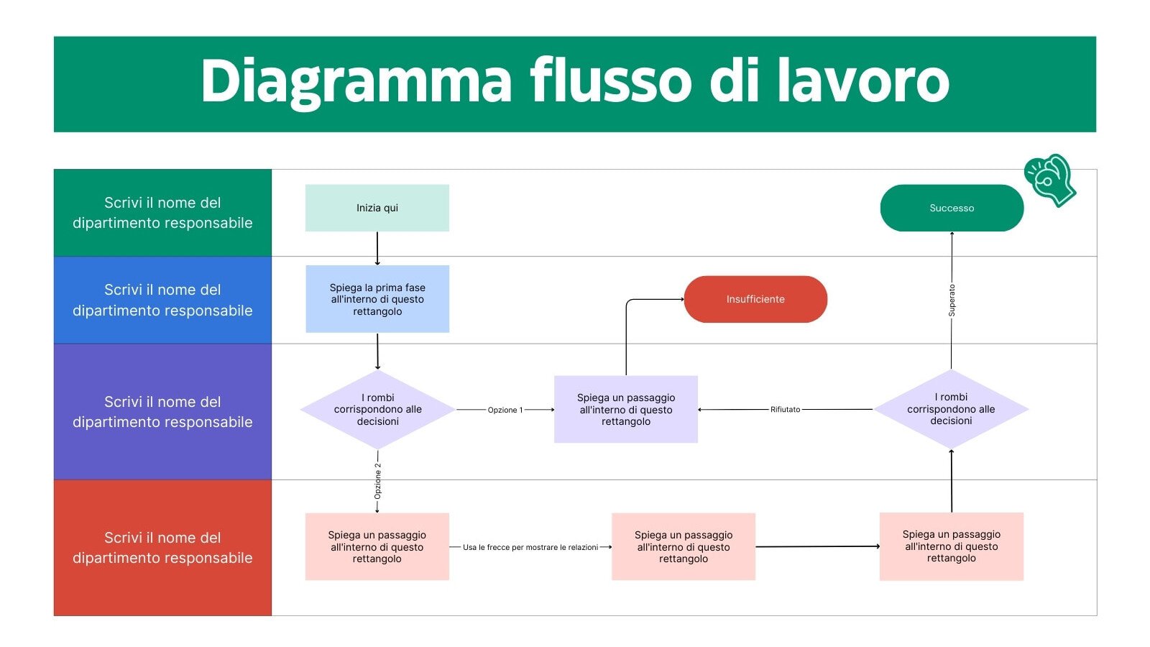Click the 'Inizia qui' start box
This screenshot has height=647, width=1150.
[x=377, y=208]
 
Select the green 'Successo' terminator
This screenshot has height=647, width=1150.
[x=951, y=208]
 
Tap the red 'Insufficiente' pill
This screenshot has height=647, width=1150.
[x=755, y=299]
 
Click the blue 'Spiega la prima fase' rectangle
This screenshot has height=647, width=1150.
[x=377, y=299]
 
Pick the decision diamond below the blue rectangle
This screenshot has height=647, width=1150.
[x=377, y=409]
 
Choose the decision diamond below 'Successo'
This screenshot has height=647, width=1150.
[x=951, y=409]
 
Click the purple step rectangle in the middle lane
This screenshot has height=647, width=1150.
[x=625, y=409]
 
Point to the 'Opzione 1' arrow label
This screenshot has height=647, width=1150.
[x=505, y=410]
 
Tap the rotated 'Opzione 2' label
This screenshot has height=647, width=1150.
[x=377, y=481]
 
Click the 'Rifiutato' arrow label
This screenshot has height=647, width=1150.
[x=785, y=410]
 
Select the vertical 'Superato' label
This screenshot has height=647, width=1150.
[x=952, y=300]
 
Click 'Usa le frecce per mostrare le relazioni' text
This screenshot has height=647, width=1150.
[x=530, y=547]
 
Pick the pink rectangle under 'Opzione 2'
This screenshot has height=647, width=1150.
[x=377, y=546]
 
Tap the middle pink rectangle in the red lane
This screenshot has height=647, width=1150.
[x=683, y=546]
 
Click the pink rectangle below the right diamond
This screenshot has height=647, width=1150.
[x=951, y=546]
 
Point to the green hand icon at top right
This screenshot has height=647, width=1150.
[x=1049, y=180]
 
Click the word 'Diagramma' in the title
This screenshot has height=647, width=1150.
[x=356, y=81]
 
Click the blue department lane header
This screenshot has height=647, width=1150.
[x=162, y=300]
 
